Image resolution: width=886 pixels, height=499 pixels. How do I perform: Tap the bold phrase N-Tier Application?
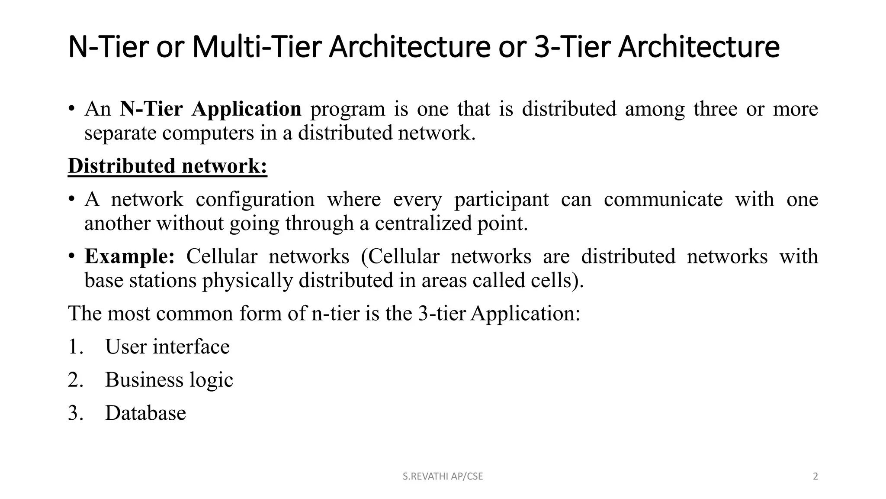pos(210,108)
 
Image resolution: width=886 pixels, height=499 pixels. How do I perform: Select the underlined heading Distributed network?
pos(167,166)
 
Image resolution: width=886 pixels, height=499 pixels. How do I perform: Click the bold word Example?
pos(129,256)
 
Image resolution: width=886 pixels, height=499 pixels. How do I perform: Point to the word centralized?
pos(423,224)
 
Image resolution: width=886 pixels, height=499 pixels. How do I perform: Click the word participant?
pos(501,199)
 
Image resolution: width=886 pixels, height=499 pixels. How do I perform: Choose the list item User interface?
pos(167,347)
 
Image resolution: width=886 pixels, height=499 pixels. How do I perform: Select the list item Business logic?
pos(169,380)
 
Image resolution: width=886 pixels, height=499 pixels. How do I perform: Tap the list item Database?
pos(145,413)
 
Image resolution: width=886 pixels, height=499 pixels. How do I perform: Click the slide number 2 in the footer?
pos(815,476)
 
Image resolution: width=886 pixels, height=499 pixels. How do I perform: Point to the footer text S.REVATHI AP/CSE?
pos(443,476)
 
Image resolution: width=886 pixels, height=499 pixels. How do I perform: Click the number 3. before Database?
pos(75,413)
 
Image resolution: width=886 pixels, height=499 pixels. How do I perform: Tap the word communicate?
pos(663,199)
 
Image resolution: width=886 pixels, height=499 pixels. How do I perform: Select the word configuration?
pos(255,199)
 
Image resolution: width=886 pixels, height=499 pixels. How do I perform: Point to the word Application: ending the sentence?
pos(525,313)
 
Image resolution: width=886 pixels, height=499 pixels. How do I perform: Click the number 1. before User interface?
pos(75,347)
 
